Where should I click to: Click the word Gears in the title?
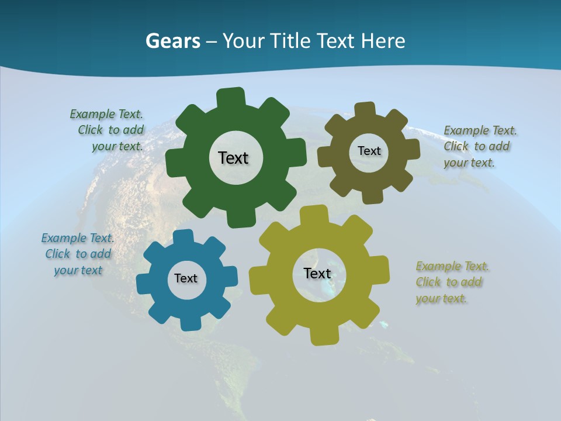pyautogui.click(x=173, y=41)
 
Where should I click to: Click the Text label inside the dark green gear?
pyautogui.click(x=233, y=158)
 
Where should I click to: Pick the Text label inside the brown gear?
pyautogui.click(x=369, y=151)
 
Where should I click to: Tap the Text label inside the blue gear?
pyautogui.click(x=186, y=278)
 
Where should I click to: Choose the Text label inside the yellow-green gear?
pyautogui.click(x=317, y=273)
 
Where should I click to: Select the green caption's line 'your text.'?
pyautogui.click(x=117, y=147)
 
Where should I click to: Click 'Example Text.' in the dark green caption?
pyautogui.click(x=106, y=114)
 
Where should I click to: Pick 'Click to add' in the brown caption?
pyautogui.click(x=476, y=146)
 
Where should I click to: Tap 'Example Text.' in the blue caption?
pyautogui.click(x=78, y=238)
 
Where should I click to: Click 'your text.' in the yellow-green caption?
pyautogui.click(x=442, y=298)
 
